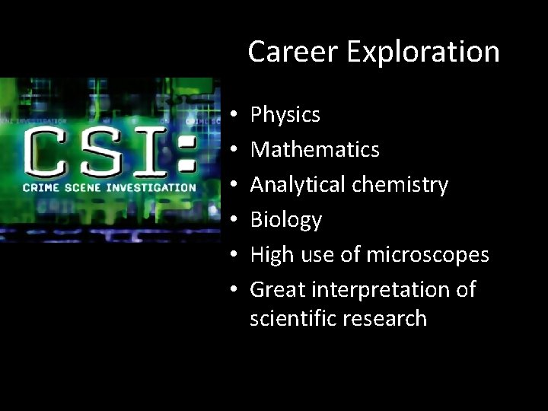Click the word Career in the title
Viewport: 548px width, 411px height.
click(281, 52)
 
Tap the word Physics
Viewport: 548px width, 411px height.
click(285, 116)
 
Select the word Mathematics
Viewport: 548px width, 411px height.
click(315, 149)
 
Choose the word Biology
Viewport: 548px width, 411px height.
click(286, 221)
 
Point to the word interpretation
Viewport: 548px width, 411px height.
click(382, 290)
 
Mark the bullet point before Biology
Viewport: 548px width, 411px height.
click(234, 221)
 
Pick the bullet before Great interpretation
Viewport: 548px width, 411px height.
click(234, 290)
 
